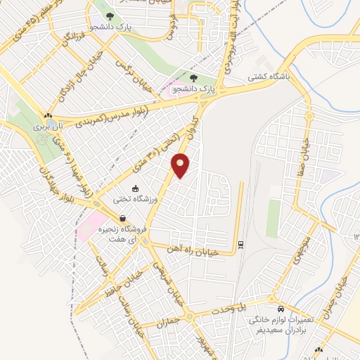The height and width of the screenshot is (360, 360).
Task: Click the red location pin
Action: pos(181,165)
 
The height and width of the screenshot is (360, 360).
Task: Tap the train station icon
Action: pos(241,244)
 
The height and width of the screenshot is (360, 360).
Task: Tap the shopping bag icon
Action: pos(123,218)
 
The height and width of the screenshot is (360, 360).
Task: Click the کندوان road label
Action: pos(191,127)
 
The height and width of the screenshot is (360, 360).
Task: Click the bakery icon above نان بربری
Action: pos(48,115)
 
